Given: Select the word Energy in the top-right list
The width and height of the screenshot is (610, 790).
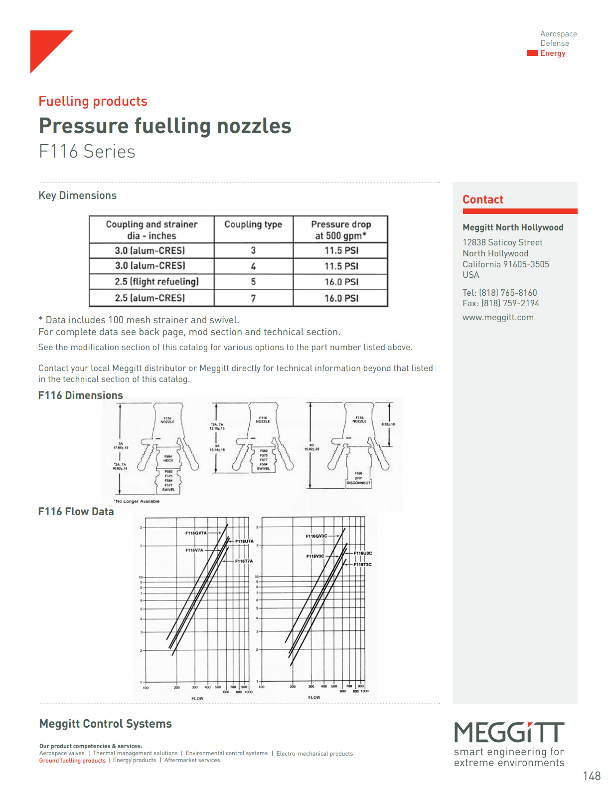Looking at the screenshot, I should pyautogui.click(x=553, y=53).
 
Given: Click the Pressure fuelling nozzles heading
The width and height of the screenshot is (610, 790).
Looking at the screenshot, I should pyautogui.click(x=165, y=126).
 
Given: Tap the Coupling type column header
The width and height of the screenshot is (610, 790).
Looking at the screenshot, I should pyautogui.click(x=253, y=224).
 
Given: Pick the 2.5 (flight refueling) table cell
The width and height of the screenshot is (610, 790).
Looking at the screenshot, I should pyautogui.click(x=156, y=282).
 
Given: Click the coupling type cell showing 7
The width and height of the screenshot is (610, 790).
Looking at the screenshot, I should pyautogui.click(x=253, y=298).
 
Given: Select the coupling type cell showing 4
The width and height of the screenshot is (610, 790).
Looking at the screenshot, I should pyautogui.click(x=253, y=266).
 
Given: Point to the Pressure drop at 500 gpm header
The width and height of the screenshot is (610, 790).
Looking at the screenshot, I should pyautogui.click(x=341, y=230).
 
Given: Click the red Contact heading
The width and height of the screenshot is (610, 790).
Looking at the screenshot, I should pyautogui.click(x=483, y=199).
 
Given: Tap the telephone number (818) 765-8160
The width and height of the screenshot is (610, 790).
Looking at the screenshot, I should pyautogui.click(x=508, y=293).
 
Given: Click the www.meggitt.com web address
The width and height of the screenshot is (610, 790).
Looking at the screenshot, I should pyautogui.click(x=498, y=317).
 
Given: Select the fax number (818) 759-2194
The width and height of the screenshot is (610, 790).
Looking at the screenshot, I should pyautogui.click(x=510, y=303).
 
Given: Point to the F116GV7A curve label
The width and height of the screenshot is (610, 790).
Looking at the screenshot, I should pyautogui.click(x=196, y=533).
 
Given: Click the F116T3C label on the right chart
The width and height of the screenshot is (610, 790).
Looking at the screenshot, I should pyautogui.click(x=362, y=565).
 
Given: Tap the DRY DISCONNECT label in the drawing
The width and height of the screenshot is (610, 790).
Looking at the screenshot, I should pyautogui.click(x=358, y=480).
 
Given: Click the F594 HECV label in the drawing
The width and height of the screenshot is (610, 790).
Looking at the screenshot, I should pyautogui.click(x=168, y=458).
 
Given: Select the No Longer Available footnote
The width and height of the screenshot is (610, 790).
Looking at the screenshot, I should pyautogui.click(x=137, y=501).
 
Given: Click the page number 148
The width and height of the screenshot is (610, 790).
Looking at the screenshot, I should pyautogui.click(x=592, y=776).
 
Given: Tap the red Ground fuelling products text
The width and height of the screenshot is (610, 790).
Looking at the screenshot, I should pyautogui.click(x=72, y=761).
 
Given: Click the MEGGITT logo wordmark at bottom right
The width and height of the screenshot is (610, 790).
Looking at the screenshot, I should pyautogui.click(x=509, y=732).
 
